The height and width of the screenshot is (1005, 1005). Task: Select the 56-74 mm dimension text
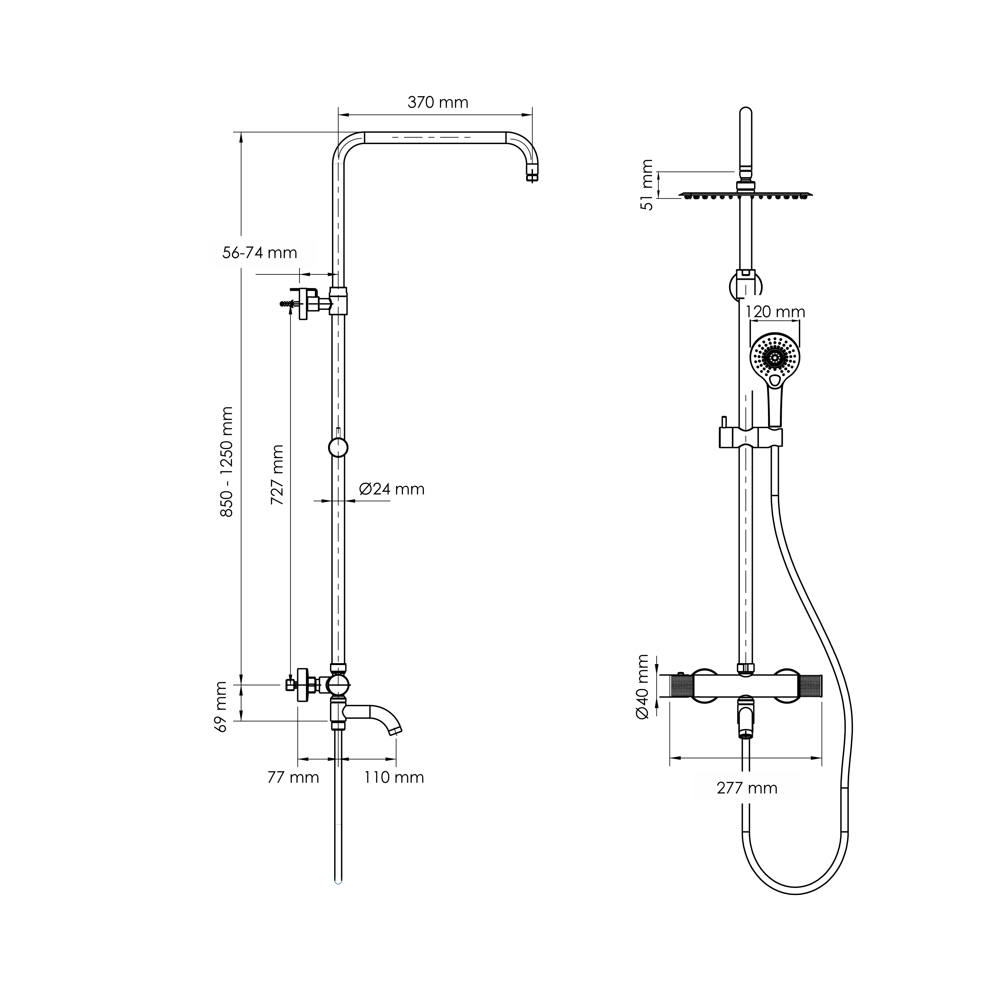click(x=260, y=253)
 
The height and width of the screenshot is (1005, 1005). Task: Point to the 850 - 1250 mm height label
click(x=227, y=462)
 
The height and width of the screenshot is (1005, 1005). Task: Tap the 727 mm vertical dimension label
click(x=277, y=475)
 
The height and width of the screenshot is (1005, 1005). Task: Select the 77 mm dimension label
click(x=293, y=777)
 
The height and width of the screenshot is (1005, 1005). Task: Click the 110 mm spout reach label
click(x=394, y=777)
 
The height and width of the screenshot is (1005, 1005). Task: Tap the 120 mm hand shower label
click(x=775, y=312)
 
